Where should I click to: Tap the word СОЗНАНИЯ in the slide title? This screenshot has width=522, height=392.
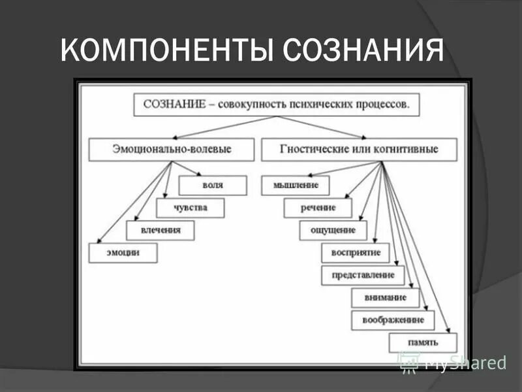[363, 51]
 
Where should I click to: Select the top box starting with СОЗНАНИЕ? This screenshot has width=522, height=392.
[276, 105]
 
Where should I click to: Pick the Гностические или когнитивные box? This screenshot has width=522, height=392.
[359, 149]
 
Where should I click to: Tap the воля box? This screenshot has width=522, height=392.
[212, 185]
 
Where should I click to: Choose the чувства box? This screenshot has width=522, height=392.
[190, 208]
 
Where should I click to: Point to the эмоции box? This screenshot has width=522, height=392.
[123, 252]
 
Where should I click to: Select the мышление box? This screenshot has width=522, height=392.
[295, 185]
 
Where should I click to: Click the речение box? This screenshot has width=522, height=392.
[318, 208]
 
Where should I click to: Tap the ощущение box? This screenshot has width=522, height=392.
[333, 230]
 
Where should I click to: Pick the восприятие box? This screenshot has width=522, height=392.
[356, 252]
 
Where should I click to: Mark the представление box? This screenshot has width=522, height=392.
[363, 275]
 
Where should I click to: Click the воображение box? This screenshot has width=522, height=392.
[392, 319]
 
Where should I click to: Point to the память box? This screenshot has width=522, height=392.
[423, 342]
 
